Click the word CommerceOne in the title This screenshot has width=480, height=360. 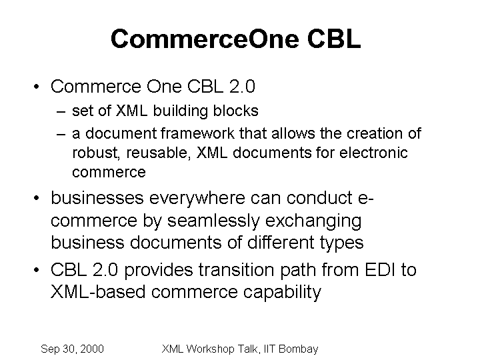[205, 39]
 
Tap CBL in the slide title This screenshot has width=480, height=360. [334, 39]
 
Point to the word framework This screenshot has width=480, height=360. [197, 133]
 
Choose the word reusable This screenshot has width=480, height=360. [158, 153]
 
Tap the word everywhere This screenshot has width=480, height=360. [197, 199]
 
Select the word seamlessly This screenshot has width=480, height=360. [214, 221]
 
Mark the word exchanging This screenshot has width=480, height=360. [313, 221]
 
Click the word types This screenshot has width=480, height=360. [341, 243]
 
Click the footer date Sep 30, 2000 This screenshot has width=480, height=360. [72, 349]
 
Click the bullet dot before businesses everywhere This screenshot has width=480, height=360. [37, 198]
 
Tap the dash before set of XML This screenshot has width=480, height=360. [61, 112]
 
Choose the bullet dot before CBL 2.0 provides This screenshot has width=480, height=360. [37, 270]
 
